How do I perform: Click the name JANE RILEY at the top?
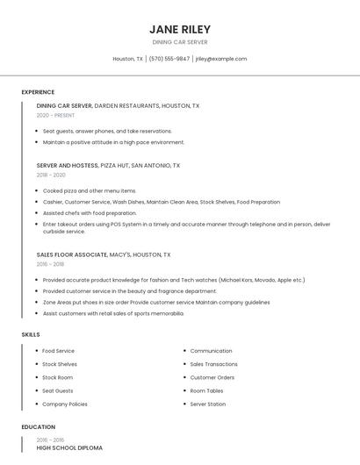point(180,29)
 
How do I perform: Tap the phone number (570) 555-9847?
point(169,59)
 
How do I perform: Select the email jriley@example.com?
point(221,59)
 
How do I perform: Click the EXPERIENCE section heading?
point(38,92)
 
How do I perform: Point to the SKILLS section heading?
point(31,334)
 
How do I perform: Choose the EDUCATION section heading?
point(38,427)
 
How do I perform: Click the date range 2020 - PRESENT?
point(55,115)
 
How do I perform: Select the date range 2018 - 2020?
point(51,175)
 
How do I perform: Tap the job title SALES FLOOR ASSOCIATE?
point(72,254)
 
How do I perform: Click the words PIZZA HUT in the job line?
point(116,165)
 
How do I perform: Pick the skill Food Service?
point(58,351)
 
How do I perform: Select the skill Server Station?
point(207,404)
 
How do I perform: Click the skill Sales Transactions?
point(213,364)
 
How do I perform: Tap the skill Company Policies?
point(65,404)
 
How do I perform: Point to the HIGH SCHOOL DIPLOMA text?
point(69,447)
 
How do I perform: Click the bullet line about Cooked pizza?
point(90,190)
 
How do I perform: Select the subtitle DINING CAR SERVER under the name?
point(180,41)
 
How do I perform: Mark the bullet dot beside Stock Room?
point(37,377)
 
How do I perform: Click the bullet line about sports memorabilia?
point(113,313)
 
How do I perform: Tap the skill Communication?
point(211,351)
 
